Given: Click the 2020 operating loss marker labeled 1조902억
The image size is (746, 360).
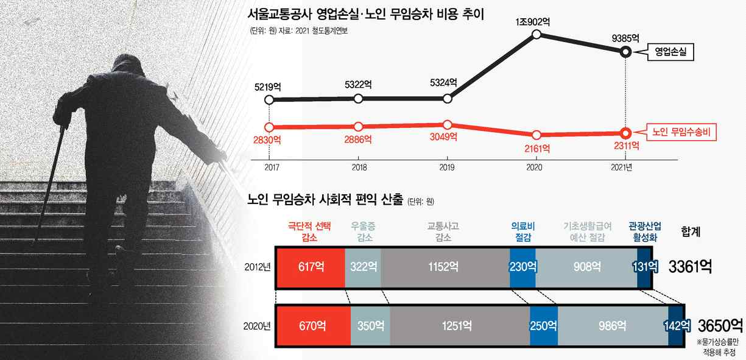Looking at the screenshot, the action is point(536,34).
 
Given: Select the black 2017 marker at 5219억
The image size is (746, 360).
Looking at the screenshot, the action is point(269,99).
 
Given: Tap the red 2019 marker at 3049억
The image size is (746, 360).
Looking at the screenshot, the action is point(447,125).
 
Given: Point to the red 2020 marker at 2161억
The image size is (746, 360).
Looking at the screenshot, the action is point(536,135).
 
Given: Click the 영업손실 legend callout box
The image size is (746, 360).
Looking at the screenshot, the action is point(670,52).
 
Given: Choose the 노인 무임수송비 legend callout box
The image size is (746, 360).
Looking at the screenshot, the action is point(681,132).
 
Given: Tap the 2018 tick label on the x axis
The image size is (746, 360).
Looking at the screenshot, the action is point(359,167).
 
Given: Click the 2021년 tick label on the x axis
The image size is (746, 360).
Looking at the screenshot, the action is point(621,167).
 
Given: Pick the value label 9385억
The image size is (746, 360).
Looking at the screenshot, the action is point(625,38).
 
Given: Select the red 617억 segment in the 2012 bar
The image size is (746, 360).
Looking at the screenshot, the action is point(311,267).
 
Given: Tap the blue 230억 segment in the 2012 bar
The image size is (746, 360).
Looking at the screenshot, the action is point(523,267).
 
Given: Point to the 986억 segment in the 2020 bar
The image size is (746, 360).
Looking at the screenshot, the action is point(613,326).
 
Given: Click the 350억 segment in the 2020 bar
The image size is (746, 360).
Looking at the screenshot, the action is point(370,326).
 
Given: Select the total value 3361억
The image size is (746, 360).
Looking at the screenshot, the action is point(690,267).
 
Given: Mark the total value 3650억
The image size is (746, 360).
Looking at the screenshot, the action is point(720,325).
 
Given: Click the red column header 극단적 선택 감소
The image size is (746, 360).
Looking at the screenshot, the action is point(309,232).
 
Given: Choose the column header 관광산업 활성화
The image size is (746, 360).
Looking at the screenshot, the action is point(645,232).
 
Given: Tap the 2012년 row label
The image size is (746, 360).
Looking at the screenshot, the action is point(258,267).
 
